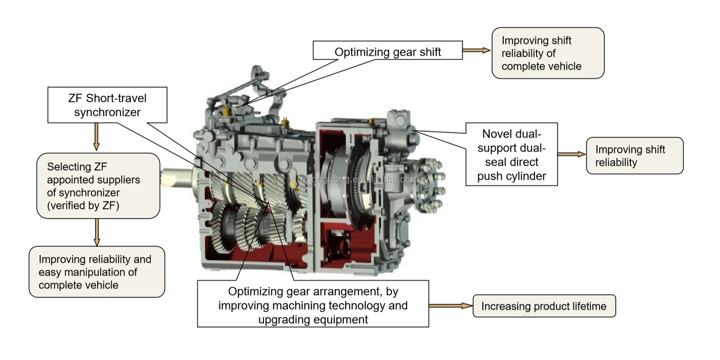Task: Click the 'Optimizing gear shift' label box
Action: [x=387, y=51]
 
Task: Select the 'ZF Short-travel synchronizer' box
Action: [x=107, y=105]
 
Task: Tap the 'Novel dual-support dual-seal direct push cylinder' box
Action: [x=511, y=155]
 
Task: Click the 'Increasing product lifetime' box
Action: [x=544, y=306]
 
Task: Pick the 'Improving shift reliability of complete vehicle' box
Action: [x=547, y=53]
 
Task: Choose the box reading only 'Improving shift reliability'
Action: [x=634, y=156]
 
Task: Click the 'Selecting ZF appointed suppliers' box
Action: [x=98, y=186]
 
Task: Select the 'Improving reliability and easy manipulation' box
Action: [x=97, y=272]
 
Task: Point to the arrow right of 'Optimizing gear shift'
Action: [x=476, y=50]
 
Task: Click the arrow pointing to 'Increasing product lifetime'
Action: [x=450, y=306]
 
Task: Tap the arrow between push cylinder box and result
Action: [x=571, y=154]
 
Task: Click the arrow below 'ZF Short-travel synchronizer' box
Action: [x=96, y=137]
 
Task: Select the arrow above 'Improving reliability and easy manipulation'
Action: [x=97, y=232]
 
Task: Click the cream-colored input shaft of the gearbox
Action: [x=176, y=177]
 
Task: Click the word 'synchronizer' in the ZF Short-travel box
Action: [x=107, y=112]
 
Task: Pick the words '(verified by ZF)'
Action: [x=83, y=205]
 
